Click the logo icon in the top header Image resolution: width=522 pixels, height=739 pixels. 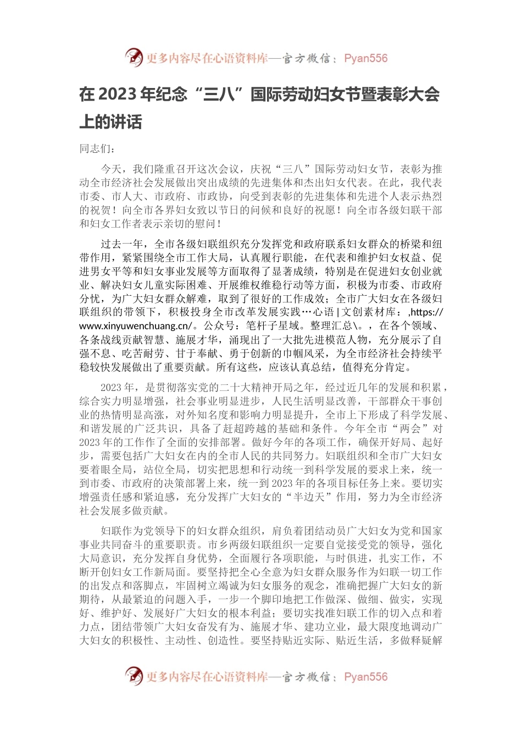point(134,58)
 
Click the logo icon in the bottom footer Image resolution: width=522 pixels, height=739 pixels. point(134,676)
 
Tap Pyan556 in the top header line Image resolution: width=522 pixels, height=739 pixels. point(365,58)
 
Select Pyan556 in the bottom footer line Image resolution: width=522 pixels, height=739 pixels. point(365,677)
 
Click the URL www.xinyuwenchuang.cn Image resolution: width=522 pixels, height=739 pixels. point(135,326)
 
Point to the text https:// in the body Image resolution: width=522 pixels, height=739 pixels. point(425,312)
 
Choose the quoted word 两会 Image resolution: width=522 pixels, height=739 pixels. point(407,429)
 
